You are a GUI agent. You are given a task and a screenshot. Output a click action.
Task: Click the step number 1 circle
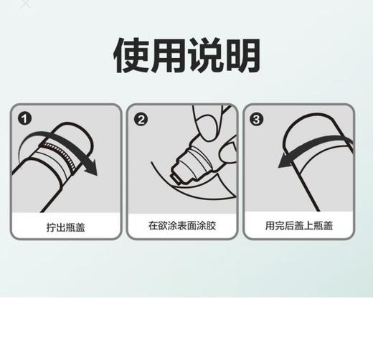pos(25,119)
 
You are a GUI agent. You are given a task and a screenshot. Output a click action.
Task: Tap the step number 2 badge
pos(141,119)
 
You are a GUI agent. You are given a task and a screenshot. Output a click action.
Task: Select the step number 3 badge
pos(258,119)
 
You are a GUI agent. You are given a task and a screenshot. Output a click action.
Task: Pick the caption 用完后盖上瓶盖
pos(299,225)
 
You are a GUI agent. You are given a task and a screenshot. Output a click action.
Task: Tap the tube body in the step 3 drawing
pos(316,179)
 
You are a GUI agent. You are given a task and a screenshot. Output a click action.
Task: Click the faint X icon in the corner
pos(26,4)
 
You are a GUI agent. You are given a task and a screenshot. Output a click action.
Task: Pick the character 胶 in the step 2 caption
pos(212,225)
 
